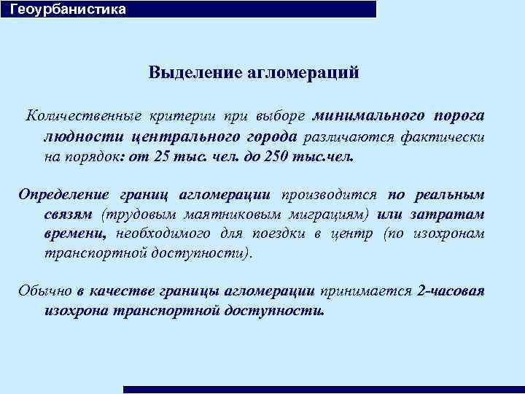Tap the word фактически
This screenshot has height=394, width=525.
[x=448, y=136]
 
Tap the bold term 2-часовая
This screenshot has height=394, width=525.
[x=451, y=291]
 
